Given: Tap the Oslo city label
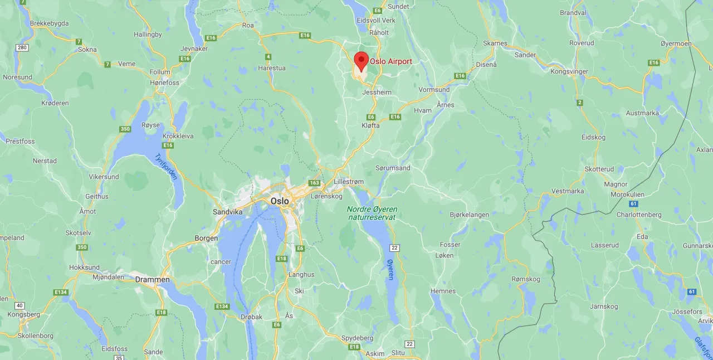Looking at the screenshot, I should (x=280, y=201).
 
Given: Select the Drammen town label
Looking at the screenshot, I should (x=152, y=279).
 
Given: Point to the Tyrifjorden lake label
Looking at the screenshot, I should (x=166, y=167).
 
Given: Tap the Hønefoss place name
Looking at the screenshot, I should (x=164, y=82).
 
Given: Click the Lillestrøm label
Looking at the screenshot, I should (x=348, y=182).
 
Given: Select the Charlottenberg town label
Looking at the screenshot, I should (x=639, y=215).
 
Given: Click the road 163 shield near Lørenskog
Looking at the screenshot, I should (x=315, y=182).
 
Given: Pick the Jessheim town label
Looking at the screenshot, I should (x=377, y=92).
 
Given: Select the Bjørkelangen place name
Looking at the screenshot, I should (x=469, y=215).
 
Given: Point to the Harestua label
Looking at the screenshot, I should (x=272, y=69).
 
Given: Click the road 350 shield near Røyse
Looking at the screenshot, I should (x=125, y=129).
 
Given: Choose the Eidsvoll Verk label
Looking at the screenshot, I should (x=375, y=20).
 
